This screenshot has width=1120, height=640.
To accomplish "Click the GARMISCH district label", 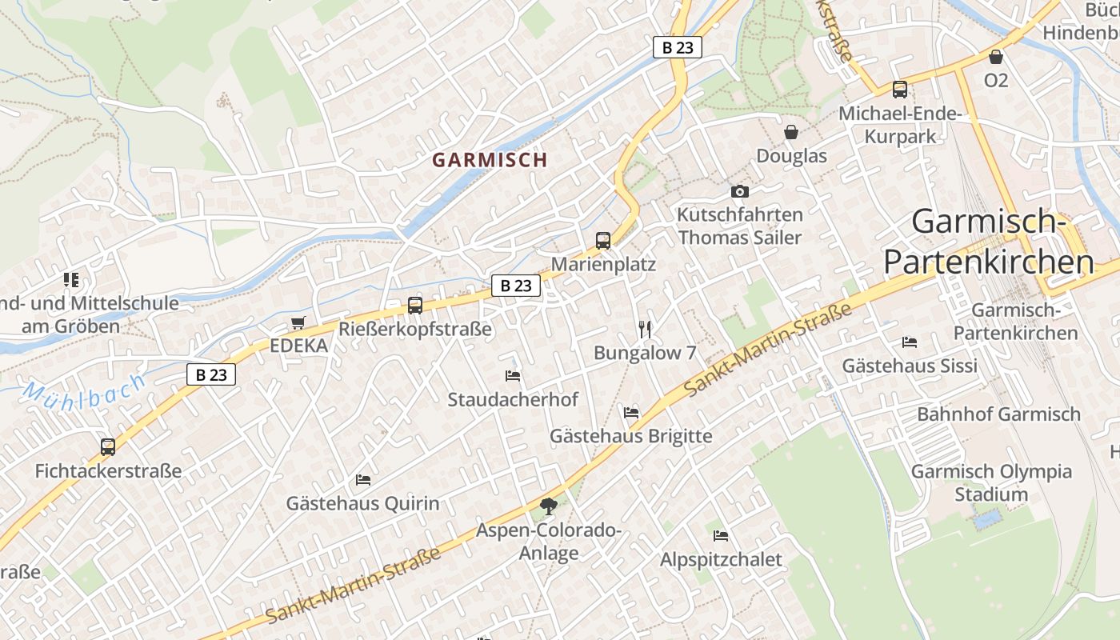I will tap(490, 159).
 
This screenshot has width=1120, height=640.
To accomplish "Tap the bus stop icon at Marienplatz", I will tap(603, 240).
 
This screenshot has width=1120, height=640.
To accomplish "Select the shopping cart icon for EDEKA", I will tap(298, 322).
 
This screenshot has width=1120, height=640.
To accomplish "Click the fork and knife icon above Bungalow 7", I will tap(646, 329).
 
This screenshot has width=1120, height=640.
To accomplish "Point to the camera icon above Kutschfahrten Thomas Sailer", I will tap(740, 191).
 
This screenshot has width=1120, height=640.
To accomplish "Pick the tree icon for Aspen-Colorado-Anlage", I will tap(548, 506).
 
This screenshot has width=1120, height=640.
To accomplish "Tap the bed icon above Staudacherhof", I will tap(513, 375).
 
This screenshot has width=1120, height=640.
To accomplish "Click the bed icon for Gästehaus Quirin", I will tap(363, 480).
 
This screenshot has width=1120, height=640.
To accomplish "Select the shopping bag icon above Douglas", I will tap(791, 132).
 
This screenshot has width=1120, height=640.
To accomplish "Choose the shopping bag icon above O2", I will tap(996, 57).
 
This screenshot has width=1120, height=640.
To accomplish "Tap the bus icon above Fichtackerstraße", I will tap(108, 447).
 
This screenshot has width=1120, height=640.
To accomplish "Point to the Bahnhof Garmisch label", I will tap(998, 414).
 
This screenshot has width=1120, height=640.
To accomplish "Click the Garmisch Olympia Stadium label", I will tap(991, 482).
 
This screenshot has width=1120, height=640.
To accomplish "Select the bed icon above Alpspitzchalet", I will tap(721, 535).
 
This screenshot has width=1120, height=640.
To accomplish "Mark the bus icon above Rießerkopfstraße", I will tap(415, 305).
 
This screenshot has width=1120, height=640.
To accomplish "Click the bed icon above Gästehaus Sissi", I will tap(910, 342).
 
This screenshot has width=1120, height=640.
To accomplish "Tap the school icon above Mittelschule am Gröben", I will tap(71, 280).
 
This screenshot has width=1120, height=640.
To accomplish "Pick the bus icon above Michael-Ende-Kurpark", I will tap(900, 90).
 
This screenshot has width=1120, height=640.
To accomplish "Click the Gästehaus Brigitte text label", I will tap(630, 436).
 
